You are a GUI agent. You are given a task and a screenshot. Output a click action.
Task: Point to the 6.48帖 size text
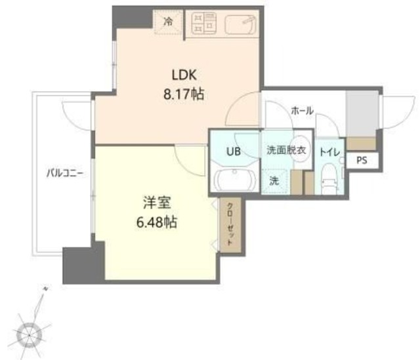pyautogui.click(x=156, y=222)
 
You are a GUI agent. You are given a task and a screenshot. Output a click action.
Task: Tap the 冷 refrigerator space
pyautogui.click(x=168, y=21)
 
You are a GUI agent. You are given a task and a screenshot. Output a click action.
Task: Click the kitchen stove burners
pyautogui.click(x=203, y=23)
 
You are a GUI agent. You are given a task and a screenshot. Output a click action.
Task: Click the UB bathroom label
pyautogui.click(x=234, y=151)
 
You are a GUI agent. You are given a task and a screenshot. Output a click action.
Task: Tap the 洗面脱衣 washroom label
pyautogui.click(x=286, y=150)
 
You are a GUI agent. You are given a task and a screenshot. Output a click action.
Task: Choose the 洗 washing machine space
pyautogui.click(x=274, y=181)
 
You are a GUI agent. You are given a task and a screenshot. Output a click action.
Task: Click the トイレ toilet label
pyautogui.click(x=329, y=151)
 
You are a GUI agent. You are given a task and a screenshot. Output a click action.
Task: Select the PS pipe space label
pyautogui.click(x=362, y=160)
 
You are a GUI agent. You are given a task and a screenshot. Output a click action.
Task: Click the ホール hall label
pyautogui.click(x=301, y=110)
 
